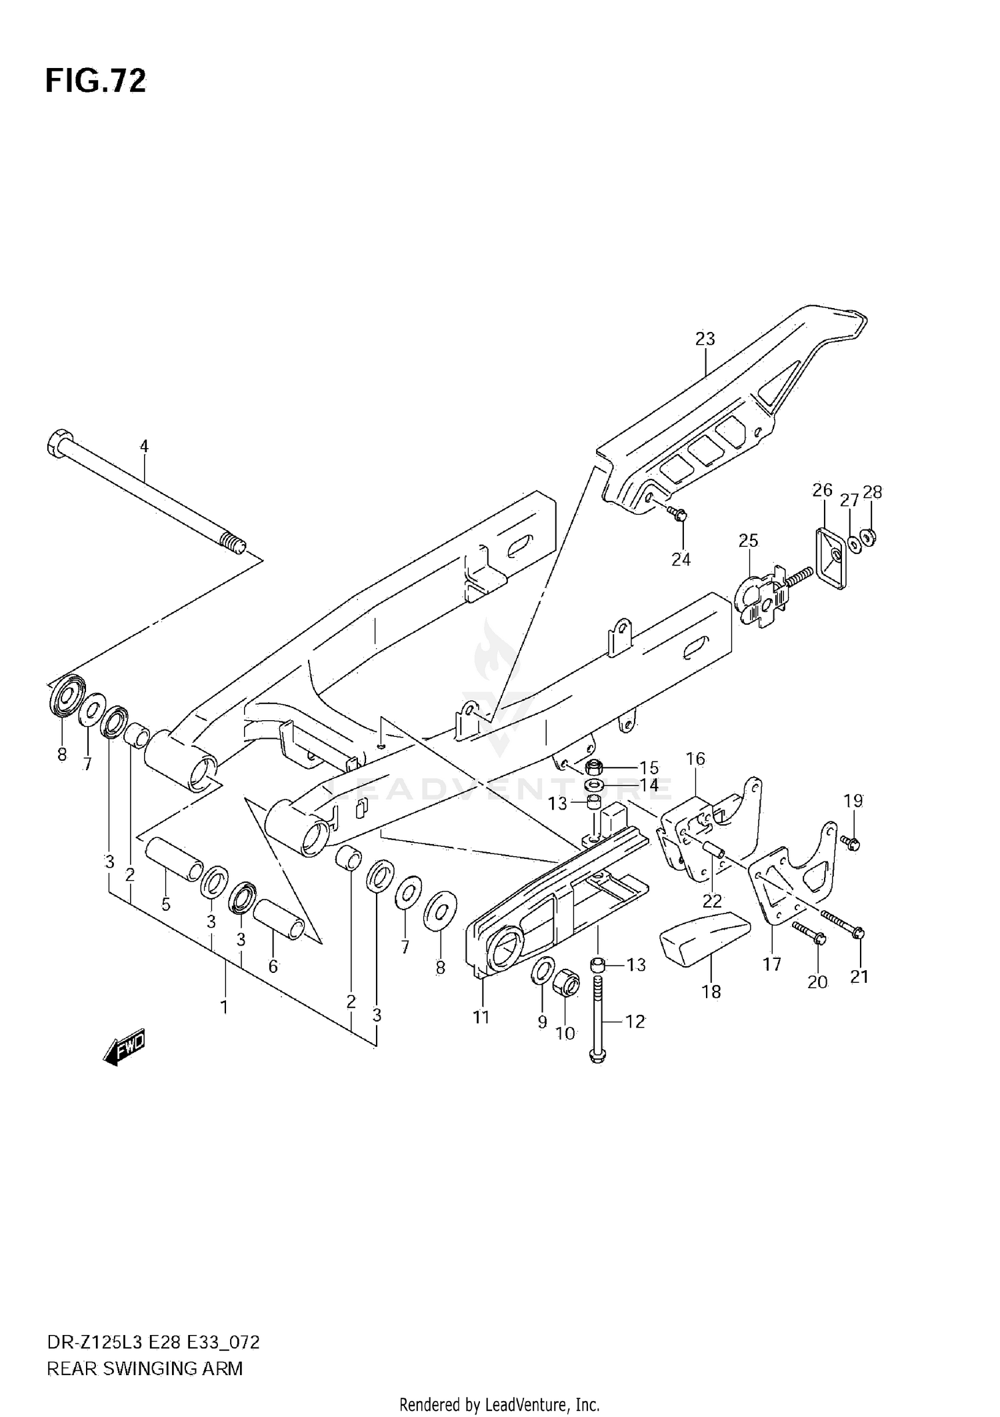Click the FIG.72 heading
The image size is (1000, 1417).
(x=95, y=81)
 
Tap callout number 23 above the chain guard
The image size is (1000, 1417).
(x=705, y=339)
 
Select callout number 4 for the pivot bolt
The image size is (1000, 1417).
(x=144, y=446)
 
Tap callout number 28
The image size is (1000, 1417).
(x=872, y=492)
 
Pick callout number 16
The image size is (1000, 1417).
(x=695, y=759)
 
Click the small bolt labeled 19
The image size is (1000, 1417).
(x=851, y=844)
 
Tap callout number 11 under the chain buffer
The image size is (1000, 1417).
(x=481, y=1017)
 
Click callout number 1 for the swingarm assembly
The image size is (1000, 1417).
(x=224, y=1007)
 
